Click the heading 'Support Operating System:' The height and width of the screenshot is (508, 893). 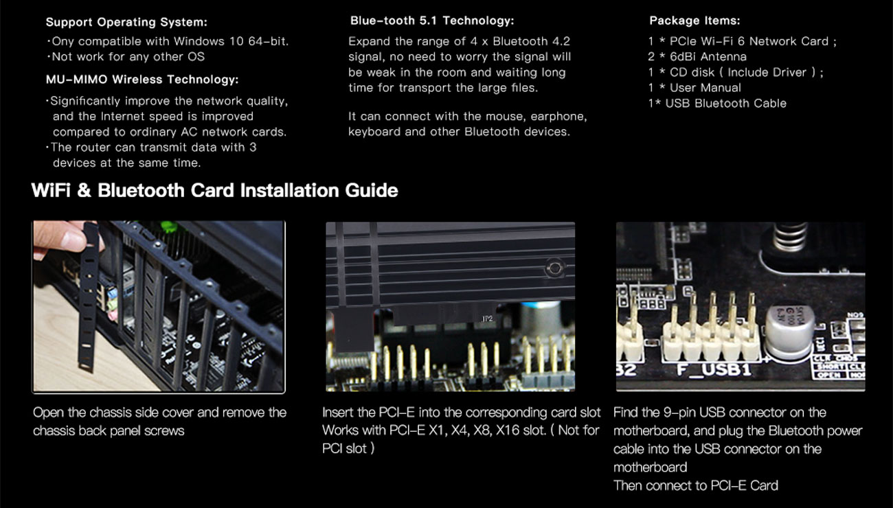point(126,23)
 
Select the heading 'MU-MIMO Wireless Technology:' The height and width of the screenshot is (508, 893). point(142,80)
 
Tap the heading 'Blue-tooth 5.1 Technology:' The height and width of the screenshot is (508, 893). point(431,21)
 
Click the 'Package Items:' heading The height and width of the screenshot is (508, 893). point(694,21)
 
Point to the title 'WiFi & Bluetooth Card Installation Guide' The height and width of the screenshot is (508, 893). point(215,190)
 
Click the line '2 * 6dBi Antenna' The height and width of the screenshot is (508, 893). point(697,57)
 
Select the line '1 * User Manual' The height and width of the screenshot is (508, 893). point(694,88)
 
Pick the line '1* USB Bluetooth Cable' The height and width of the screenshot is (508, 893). point(717,104)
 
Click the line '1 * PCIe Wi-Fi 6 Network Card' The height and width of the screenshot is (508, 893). point(742,41)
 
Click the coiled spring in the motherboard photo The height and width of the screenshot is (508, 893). point(791,237)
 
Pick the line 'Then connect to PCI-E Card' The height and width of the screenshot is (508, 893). point(695,485)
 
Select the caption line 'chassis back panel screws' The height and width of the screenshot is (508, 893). point(109,430)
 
